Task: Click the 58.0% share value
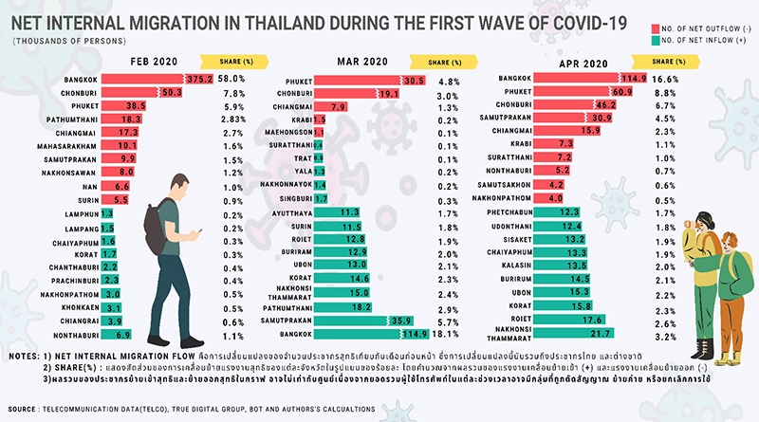coord(231,80)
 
